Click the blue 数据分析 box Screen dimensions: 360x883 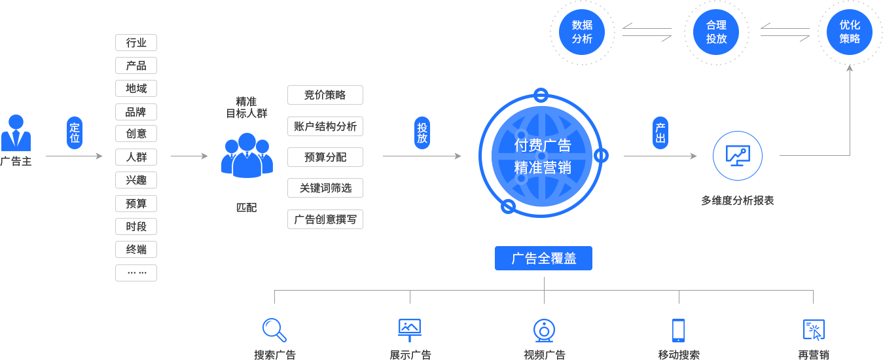tap(582, 31)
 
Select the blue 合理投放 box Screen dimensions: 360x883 tap(716, 31)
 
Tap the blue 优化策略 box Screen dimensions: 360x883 tap(850, 31)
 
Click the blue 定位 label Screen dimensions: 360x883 tap(75, 133)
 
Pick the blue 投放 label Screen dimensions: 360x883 tap(422, 133)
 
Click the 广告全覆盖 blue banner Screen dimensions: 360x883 tap(543, 258)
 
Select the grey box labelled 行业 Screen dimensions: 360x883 tap(135, 43)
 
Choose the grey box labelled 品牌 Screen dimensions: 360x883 tap(135, 111)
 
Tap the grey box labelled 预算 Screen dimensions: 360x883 tap(135, 204)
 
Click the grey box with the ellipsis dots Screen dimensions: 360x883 tap(135, 272)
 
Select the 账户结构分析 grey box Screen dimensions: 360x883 tap(325, 126)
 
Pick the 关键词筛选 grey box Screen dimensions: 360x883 tap(325, 188)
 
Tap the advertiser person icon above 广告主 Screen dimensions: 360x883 tap(15, 133)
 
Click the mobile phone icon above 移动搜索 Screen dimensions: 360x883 tap(678, 330)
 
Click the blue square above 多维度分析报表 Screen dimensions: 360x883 tap(738, 155)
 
